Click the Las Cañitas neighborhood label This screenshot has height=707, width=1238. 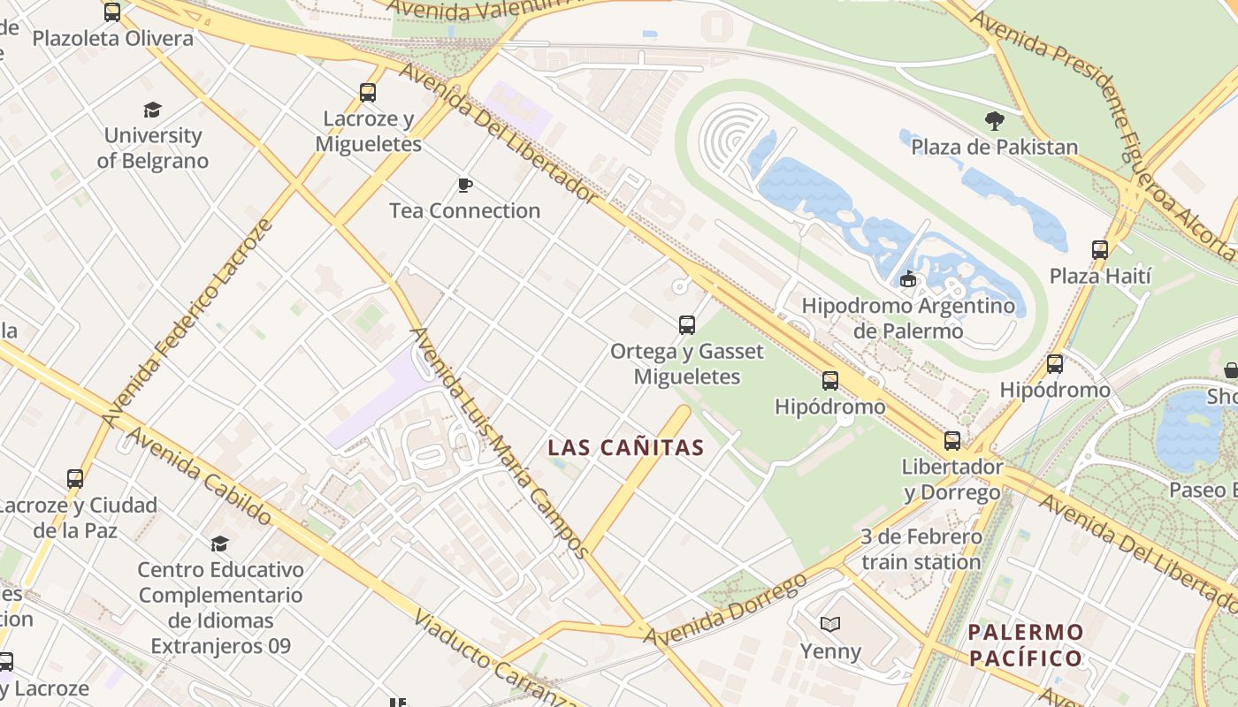[626, 447]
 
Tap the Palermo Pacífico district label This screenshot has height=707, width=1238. [1026, 645]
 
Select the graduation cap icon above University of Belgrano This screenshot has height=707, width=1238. [153, 110]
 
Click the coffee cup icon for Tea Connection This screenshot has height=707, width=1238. [464, 185]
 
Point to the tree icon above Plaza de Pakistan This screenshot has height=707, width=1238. [994, 121]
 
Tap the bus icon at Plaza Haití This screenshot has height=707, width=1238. [1100, 250]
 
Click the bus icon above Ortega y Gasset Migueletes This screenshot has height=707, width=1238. [687, 325]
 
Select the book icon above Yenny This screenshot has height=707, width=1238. [829, 625]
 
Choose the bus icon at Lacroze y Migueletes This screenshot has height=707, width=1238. [368, 92]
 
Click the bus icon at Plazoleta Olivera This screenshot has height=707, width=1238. [112, 12]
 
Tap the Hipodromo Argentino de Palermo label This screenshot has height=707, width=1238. [907, 318]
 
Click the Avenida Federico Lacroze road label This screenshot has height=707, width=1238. [187, 323]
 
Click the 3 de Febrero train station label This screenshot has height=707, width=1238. [921, 549]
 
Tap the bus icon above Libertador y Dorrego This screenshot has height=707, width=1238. [952, 440]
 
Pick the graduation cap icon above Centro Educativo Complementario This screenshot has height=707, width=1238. [219, 544]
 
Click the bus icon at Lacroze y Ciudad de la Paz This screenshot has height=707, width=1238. [75, 479]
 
